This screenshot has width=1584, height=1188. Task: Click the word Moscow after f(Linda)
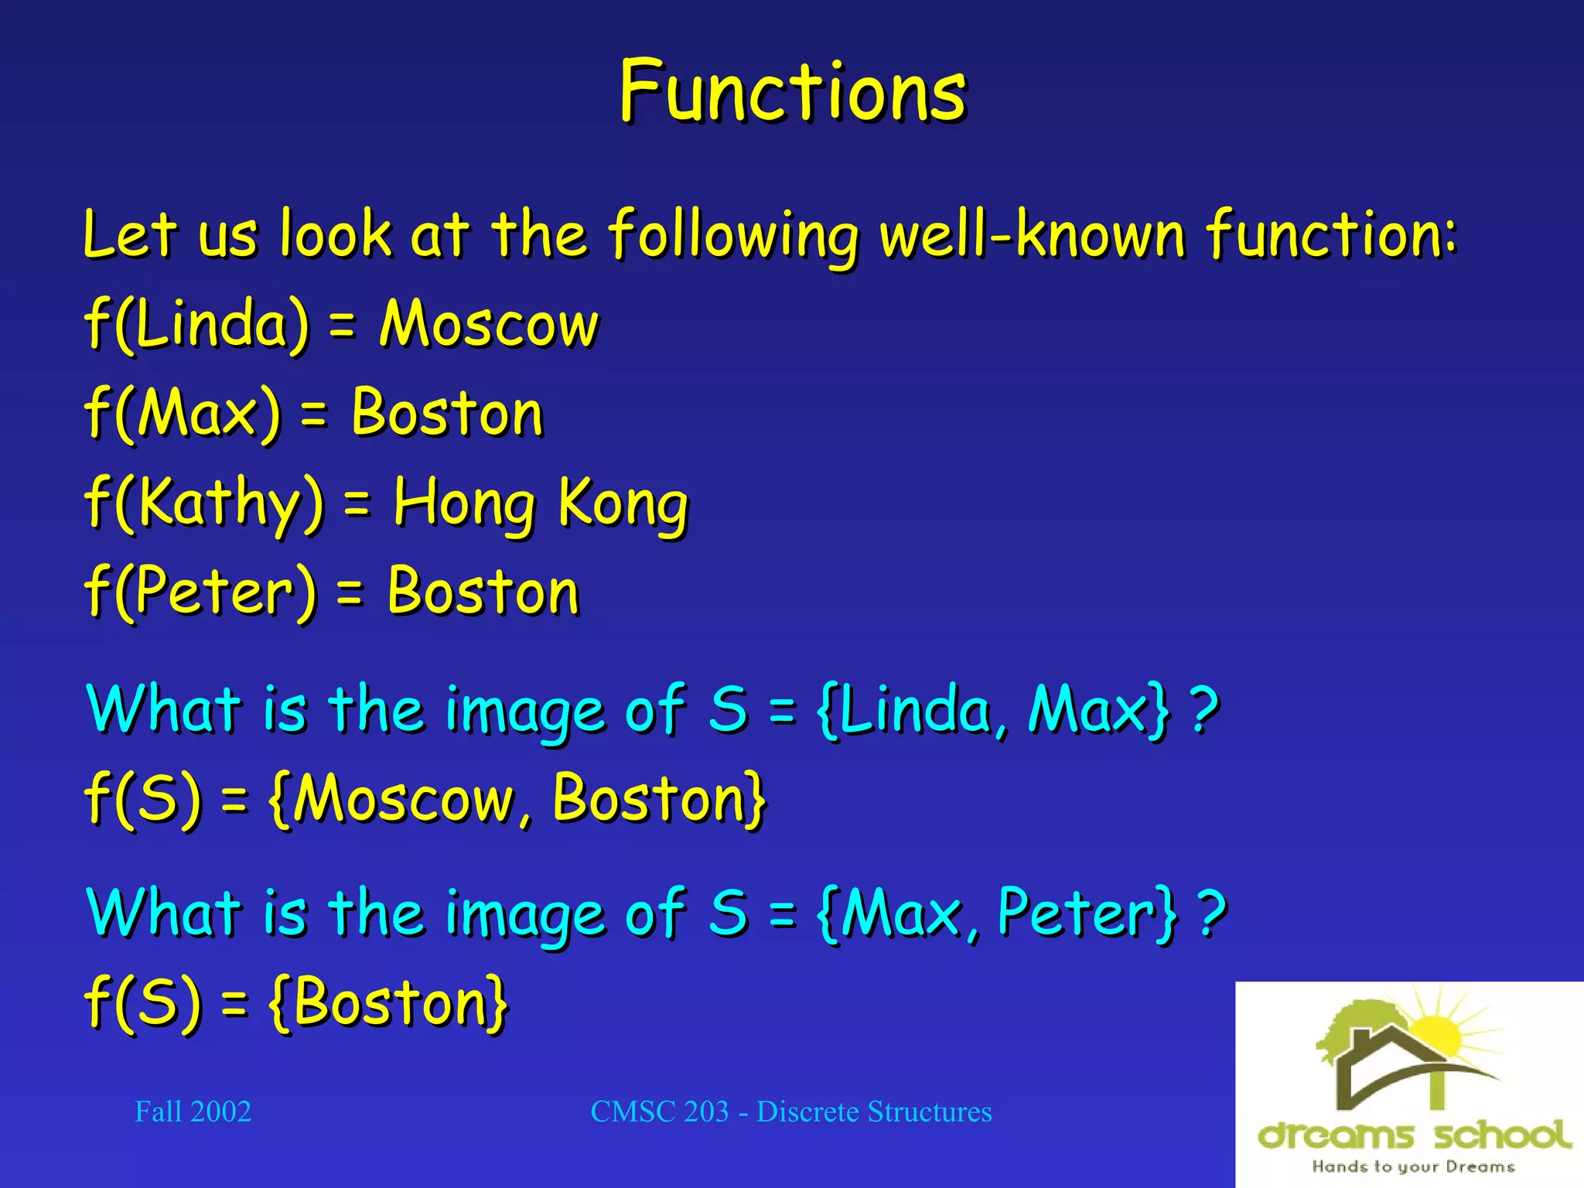[x=488, y=324]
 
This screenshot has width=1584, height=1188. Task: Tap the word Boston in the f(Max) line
[x=447, y=413]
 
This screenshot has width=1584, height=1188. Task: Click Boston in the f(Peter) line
[x=483, y=592]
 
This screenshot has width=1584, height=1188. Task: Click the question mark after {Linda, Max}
[x=1203, y=709]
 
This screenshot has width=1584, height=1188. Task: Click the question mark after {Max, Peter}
[x=1211, y=913]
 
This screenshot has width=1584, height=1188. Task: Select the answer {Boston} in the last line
[x=388, y=1003]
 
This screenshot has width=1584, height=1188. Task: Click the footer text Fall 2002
[x=193, y=1112]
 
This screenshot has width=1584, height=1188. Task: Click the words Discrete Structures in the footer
[x=874, y=1112]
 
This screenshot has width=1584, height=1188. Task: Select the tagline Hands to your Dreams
[x=1412, y=1166]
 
